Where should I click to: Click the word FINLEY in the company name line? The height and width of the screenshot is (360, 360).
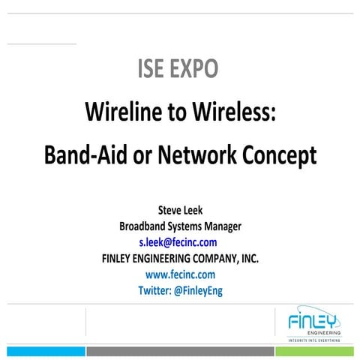[122, 258]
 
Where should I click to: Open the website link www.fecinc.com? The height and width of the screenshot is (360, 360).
[180, 274]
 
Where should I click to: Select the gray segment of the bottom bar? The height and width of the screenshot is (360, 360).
[180, 351]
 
